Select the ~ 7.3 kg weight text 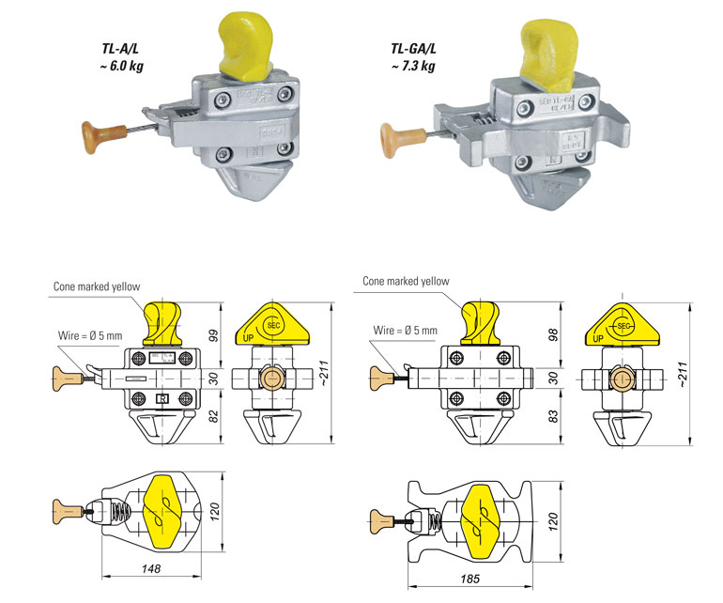coord(413,66)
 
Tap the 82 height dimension coord(213,418)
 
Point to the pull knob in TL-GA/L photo coord(395,138)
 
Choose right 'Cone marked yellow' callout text coord(406,280)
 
